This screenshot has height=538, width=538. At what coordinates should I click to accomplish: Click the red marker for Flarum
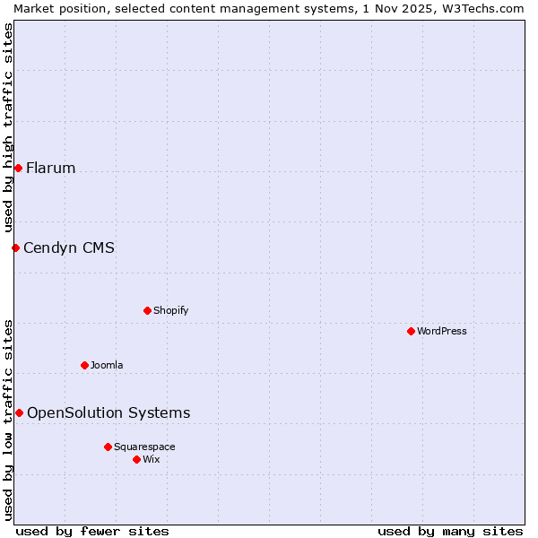(18, 168)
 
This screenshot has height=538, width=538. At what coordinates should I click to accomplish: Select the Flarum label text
(51, 169)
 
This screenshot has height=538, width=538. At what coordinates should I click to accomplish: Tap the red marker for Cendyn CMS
(15, 247)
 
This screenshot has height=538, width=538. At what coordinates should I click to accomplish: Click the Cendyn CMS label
(69, 248)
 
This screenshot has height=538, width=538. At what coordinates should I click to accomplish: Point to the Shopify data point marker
(147, 310)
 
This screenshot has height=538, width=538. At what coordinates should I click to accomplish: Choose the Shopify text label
(170, 311)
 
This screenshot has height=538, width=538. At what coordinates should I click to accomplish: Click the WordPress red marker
(411, 331)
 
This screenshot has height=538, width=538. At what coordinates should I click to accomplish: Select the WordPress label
(441, 332)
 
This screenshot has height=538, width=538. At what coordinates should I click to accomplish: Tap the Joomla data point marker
(84, 365)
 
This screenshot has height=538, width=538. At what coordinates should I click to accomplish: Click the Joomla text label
(107, 366)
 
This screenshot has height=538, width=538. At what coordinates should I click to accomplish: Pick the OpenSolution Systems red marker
(19, 412)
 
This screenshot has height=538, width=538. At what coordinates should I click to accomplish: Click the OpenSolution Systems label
(108, 413)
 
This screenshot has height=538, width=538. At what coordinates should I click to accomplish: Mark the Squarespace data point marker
(108, 447)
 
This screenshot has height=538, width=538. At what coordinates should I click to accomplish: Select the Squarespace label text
(144, 447)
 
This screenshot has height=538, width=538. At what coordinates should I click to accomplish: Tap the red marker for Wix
(136, 459)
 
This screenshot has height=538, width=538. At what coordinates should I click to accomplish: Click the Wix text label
(152, 460)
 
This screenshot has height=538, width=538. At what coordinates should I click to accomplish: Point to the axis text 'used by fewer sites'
(92, 531)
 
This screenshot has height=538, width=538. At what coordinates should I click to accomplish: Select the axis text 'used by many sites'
(450, 531)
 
